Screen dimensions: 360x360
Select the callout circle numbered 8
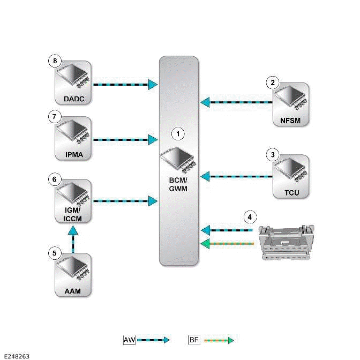54,61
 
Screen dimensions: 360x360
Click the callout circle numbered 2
273,82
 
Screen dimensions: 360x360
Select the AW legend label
129,340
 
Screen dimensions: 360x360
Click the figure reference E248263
16,355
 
